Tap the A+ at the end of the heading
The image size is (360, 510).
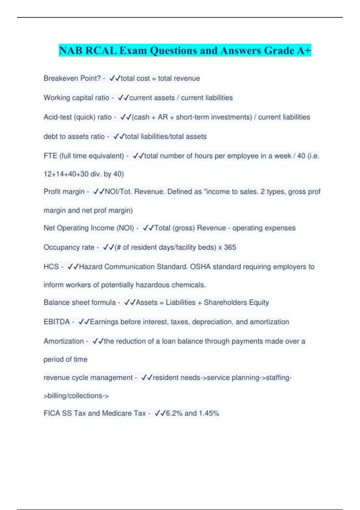304,50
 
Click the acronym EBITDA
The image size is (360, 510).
57,322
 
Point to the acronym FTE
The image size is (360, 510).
50,156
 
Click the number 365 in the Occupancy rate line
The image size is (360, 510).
230,247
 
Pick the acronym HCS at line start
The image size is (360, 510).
51,267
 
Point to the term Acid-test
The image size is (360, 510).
58,117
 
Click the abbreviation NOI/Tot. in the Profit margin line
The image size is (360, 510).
118,192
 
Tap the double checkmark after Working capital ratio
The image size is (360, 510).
123,98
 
